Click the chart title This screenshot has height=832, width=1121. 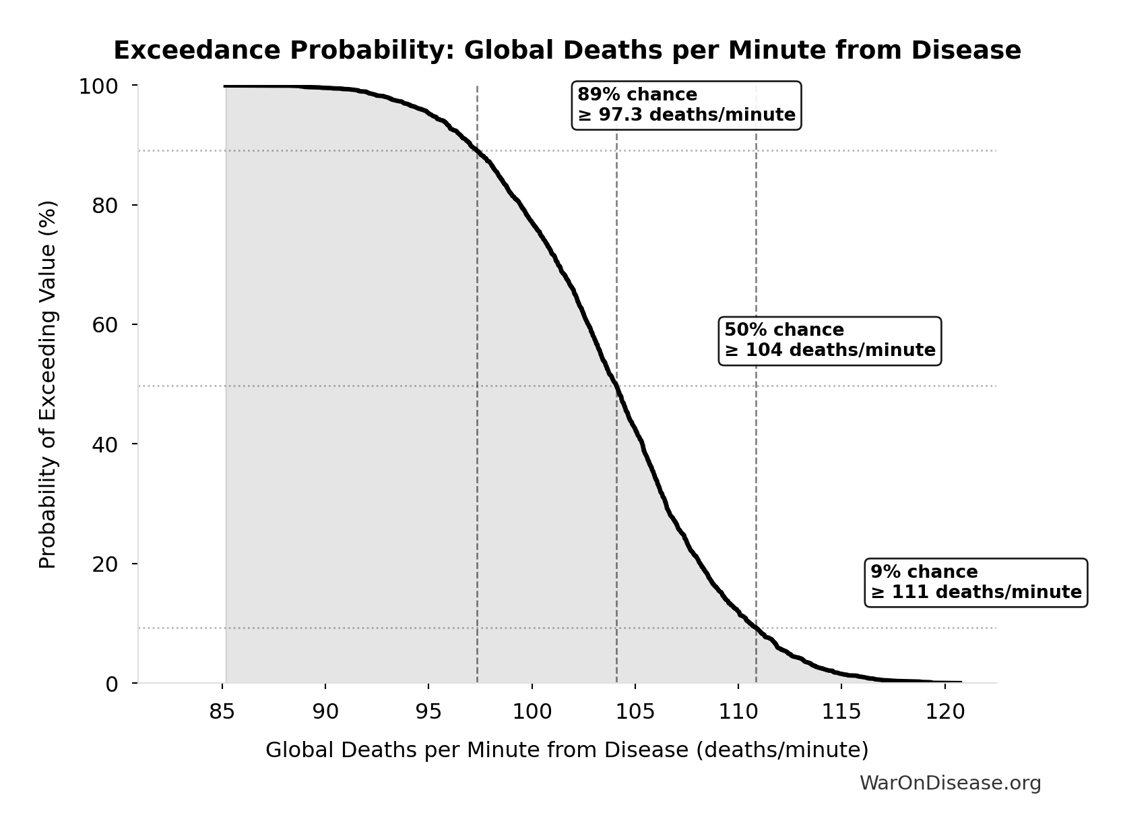click(567, 51)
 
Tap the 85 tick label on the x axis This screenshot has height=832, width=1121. click(222, 712)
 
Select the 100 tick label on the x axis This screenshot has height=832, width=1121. click(532, 712)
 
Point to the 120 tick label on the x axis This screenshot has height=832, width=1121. click(944, 712)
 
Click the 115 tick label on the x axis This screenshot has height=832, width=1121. click(841, 712)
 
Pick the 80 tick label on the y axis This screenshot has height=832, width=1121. click(104, 205)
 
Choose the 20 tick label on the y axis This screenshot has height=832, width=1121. click(104, 564)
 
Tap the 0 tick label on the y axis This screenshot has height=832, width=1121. click(111, 684)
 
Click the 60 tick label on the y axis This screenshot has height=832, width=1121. click(104, 324)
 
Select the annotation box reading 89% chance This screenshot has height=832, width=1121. click(686, 105)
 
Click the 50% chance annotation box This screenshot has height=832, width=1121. click(829, 340)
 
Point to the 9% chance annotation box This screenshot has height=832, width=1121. click(975, 583)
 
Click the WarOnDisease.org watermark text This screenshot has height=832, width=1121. click(950, 783)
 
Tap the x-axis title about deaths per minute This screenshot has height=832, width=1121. click(567, 750)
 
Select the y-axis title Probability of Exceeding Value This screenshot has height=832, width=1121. click(47, 384)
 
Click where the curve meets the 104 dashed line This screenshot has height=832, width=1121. click(616, 386)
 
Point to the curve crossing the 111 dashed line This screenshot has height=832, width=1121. click(756, 628)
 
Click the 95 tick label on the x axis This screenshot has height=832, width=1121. click(428, 712)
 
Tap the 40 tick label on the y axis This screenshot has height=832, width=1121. click(104, 444)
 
